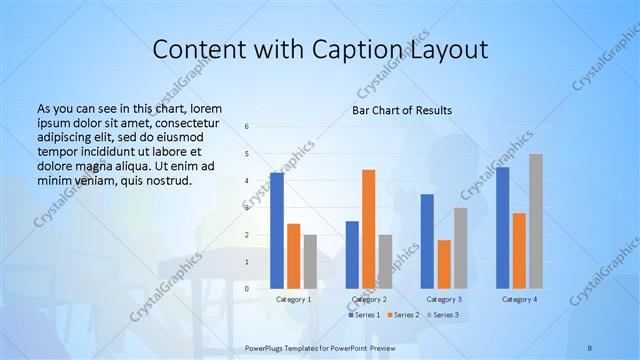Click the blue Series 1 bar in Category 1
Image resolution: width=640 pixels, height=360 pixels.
(277, 231)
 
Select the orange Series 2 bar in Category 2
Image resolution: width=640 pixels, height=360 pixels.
(368, 229)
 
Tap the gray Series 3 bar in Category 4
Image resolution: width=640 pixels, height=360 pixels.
(536, 221)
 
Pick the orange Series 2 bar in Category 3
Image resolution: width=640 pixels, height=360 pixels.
(444, 264)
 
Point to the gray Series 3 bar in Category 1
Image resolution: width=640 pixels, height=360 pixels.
(310, 262)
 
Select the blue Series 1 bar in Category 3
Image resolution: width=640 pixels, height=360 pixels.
(427, 241)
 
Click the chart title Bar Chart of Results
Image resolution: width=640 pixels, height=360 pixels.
(401, 110)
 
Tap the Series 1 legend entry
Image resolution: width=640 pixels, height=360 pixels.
(364, 315)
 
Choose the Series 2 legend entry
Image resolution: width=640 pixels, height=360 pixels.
(402, 315)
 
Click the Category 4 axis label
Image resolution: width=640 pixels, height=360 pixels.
(519, 299)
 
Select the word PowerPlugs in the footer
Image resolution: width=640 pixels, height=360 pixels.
(267, 347)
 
